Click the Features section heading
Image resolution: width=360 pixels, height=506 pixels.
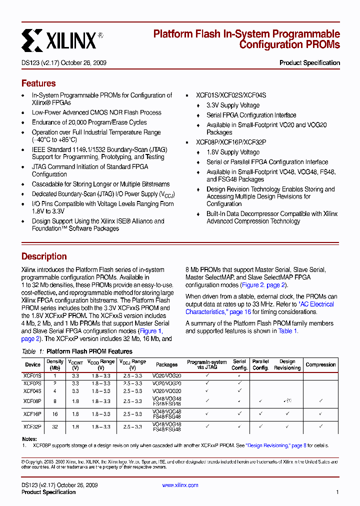tap(38, 83)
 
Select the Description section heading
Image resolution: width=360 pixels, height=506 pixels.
tap(44, 256)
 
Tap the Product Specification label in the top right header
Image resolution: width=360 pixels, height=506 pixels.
tap(309, 63)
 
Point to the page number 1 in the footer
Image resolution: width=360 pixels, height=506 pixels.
tap(337, 492)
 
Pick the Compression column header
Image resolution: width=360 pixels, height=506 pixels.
tap(320, 364)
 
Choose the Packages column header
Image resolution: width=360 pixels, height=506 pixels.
tap(166, 364)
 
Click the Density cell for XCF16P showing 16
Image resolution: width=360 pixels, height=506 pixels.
tap(55, 414)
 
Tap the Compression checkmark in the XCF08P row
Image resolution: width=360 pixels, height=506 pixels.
tap(320, 401)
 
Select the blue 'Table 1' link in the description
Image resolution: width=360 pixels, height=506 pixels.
tap(287, 331)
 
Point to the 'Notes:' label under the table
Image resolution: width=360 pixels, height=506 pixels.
tap(29, 439)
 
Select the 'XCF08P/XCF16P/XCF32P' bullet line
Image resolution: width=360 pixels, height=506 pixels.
tap(231, 142)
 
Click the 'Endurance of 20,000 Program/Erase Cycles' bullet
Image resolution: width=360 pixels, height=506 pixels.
tap(89, 122)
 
